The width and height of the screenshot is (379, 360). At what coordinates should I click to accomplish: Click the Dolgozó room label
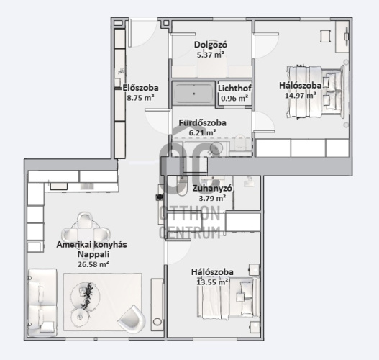[x=211, y=45]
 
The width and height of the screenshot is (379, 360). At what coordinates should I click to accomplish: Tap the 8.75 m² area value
[x=140, y=98]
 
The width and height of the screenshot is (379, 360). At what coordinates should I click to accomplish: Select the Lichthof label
[x=234, y=89]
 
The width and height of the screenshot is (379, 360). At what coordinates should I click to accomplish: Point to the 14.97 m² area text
[x=301, y=95]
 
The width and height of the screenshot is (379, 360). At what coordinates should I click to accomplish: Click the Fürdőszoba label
[x=203, y=122]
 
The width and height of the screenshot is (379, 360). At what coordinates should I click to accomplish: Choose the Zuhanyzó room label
[x=212, y=188]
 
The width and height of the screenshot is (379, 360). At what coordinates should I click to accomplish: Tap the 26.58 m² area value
[x=93, y=264]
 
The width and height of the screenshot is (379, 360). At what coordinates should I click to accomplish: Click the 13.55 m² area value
[x=212, y=282]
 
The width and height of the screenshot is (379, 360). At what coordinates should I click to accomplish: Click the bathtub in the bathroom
[x=193, y=93]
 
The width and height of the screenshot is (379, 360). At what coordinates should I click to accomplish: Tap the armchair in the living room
[x=132, y=319]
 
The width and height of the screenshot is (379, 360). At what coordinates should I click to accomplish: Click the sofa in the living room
[x=42, y=302]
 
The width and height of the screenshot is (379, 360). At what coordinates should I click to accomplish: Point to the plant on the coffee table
[x=87, y=296]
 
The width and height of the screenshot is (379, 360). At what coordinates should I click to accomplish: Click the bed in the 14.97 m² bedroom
[x=316, y=91]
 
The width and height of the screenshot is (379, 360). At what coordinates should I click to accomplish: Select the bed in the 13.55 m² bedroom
[x=229, y=297]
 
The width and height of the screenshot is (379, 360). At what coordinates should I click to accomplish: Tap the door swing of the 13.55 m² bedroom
[x=178, y=251]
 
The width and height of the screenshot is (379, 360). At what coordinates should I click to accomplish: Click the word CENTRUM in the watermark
[x=190, y=233]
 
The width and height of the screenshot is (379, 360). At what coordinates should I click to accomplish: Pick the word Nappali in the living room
[x=93, y=254]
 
